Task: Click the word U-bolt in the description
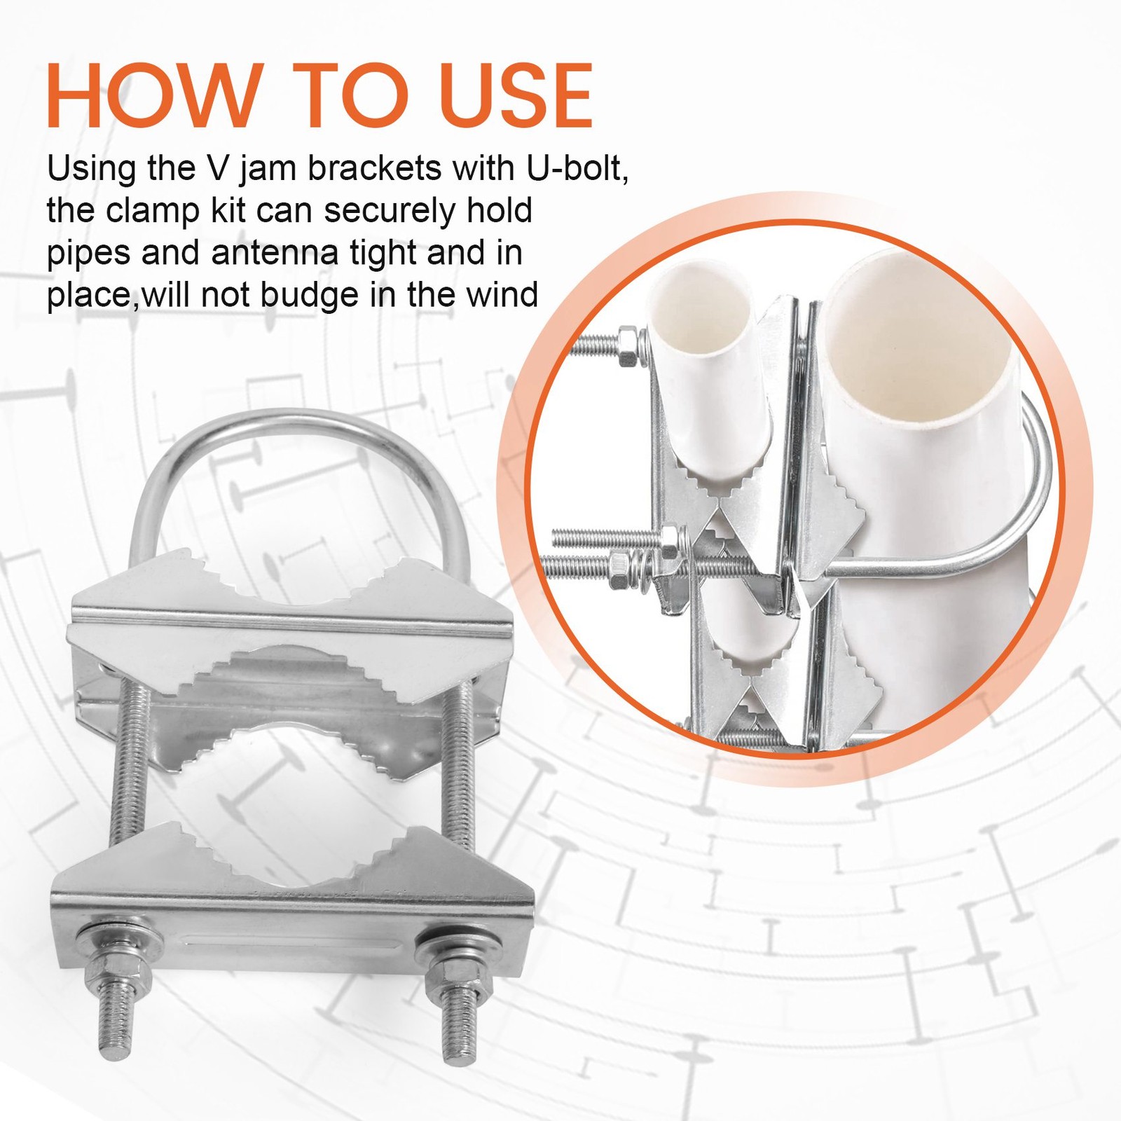point(577,168)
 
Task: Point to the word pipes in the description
point(89,254)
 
